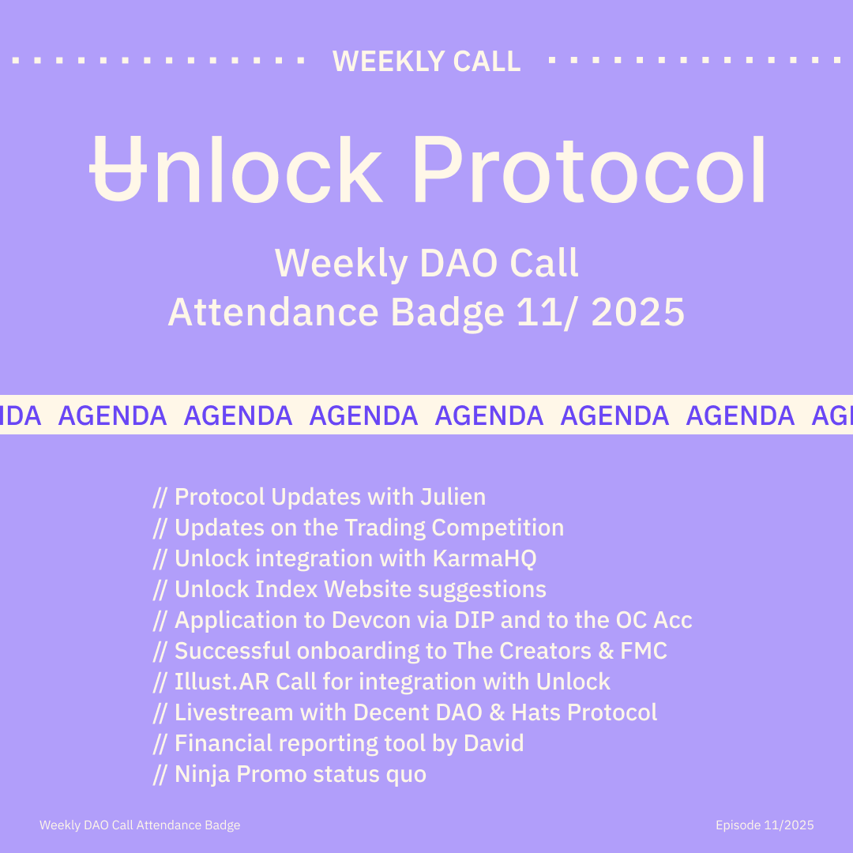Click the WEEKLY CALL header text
[x=426, y=61]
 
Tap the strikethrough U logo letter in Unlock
[x=118, y=170]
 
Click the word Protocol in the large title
[x=589, y=170]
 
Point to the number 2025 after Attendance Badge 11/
[x=637, y=313]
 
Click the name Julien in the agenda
[x=453, y=497]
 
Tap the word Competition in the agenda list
[x=498, y=528]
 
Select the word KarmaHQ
[x=485, y=558]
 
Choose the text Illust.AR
[x=222, y=682]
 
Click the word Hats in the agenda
[x=536, y=712]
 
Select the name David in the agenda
[x=494, y=744]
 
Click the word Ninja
[x=202, y=775]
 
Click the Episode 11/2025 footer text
[x=765, y=825]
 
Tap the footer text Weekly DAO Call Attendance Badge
[x=140, y=825]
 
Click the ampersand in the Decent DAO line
[x=497, y=713]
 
